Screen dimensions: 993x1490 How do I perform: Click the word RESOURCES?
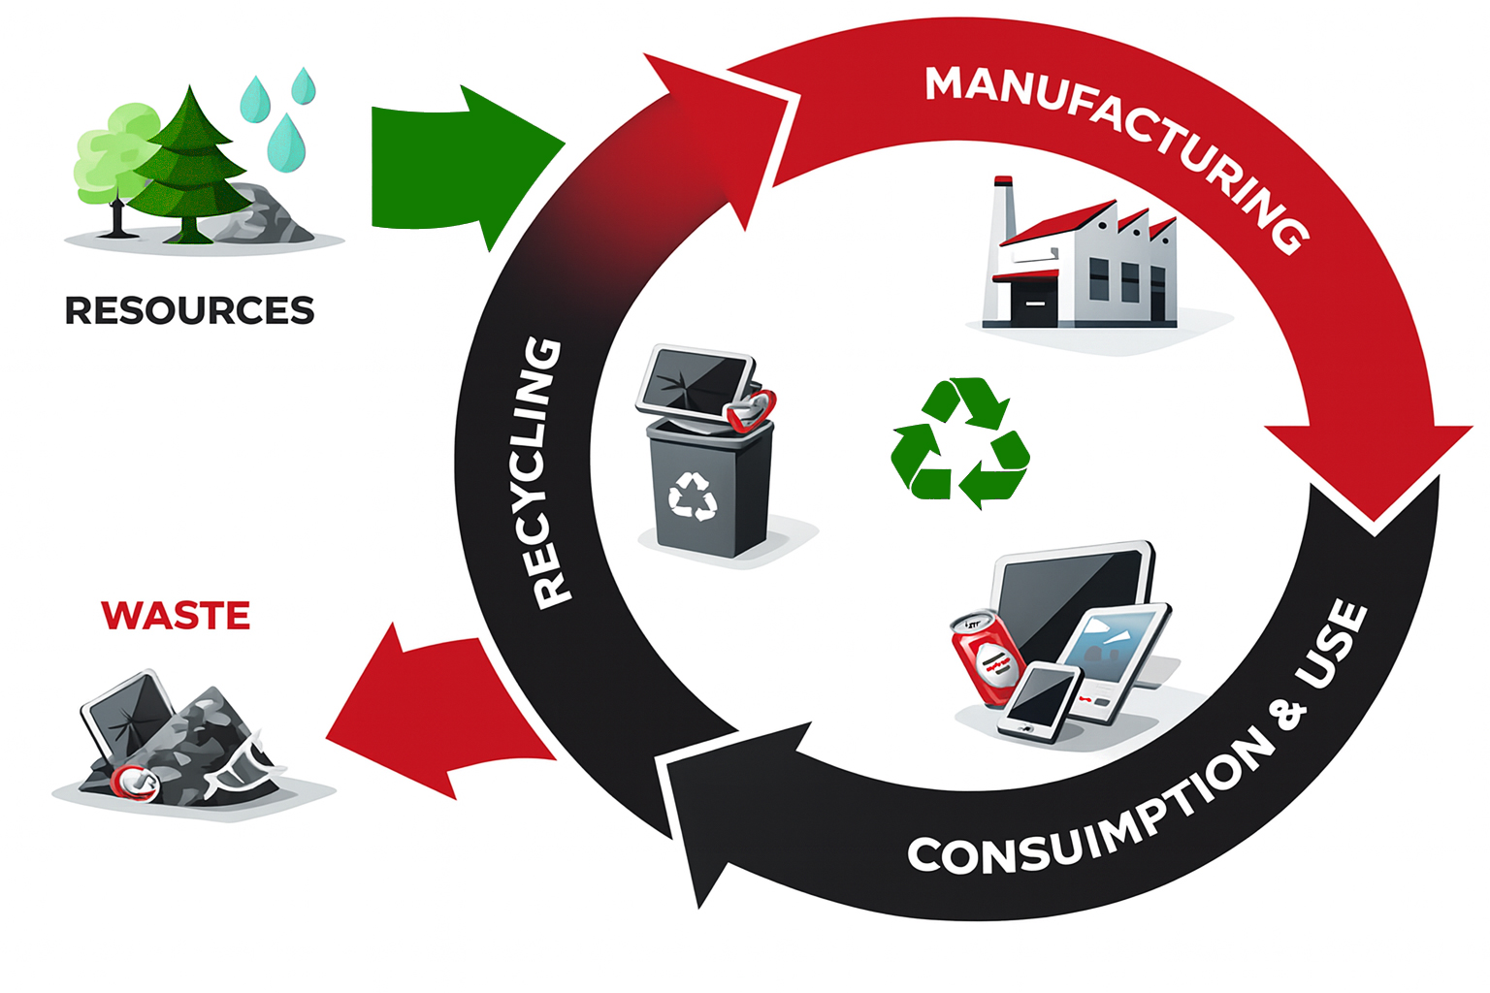tap(189, 310)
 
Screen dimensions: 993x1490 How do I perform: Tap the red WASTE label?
tap(176, 616)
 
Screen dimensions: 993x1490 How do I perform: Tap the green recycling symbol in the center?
tap(960, 443)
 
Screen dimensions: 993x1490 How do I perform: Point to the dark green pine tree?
tap(190, 165)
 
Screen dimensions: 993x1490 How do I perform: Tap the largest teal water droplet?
tap(285, 142)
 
